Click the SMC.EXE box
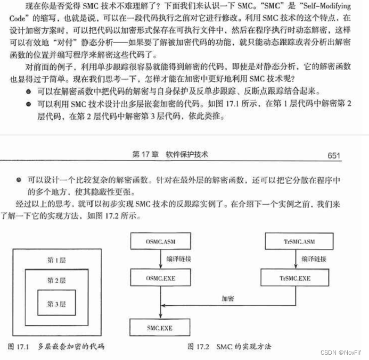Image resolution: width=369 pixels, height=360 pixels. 159,328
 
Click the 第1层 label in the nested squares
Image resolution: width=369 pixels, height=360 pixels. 57,260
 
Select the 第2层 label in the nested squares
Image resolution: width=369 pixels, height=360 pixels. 56,280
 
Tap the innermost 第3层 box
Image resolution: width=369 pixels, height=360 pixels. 56,304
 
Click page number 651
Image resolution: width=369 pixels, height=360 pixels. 334,155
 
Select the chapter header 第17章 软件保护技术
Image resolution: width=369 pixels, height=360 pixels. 170,155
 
